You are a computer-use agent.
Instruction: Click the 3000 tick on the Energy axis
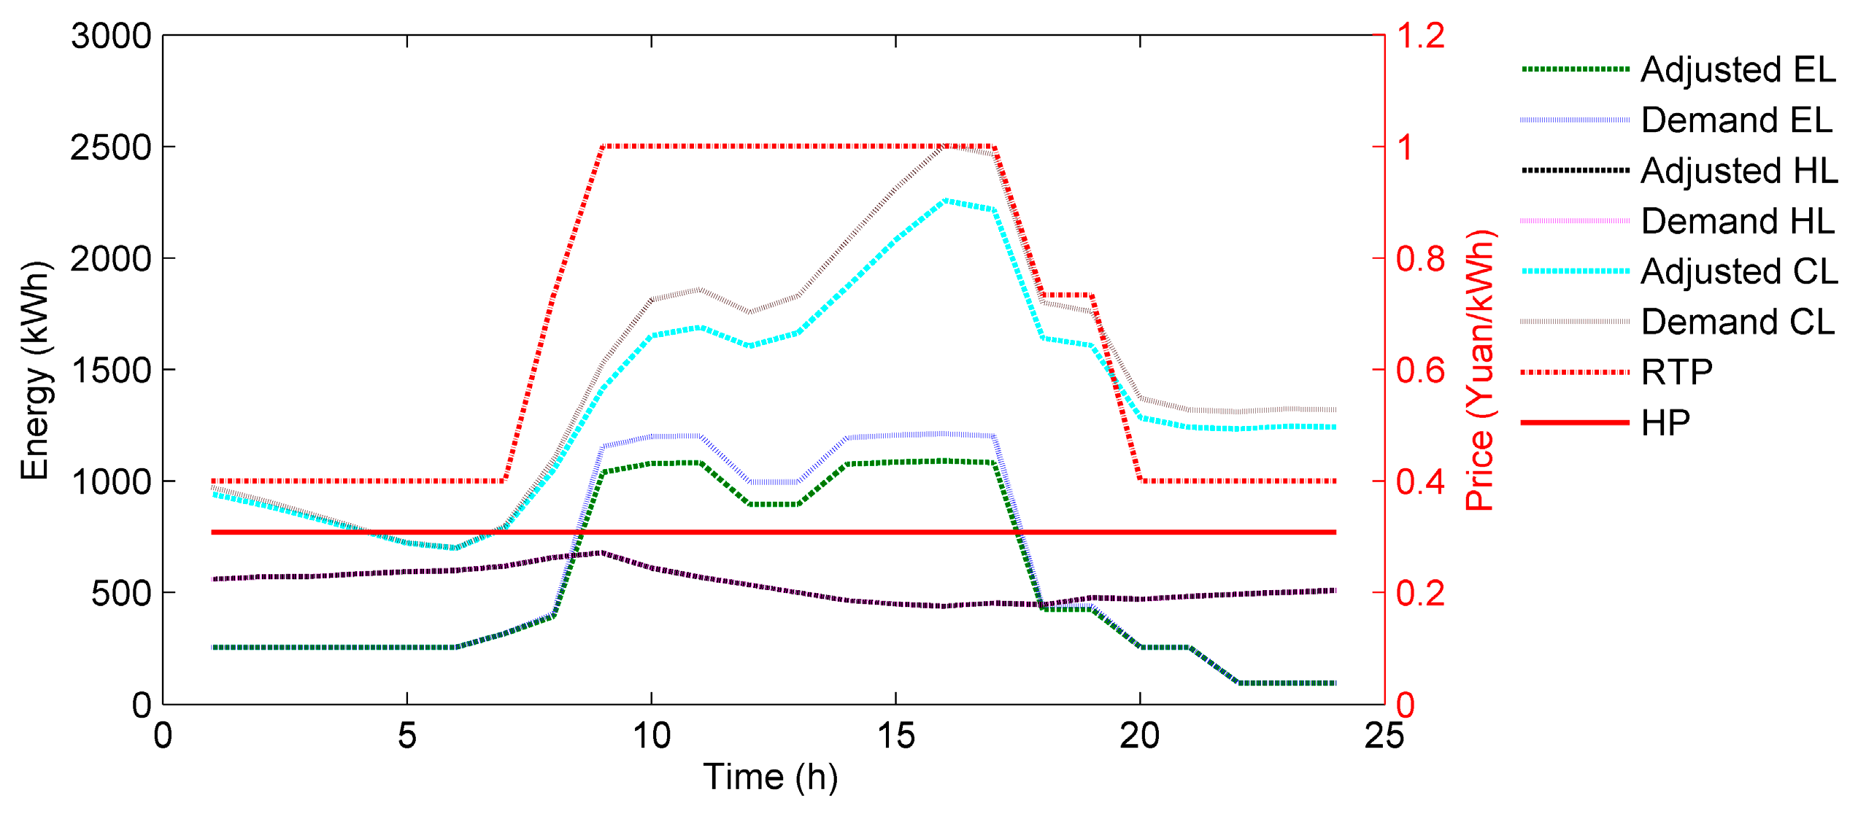coord(111,36)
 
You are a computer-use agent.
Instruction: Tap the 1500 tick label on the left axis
coord(111,371)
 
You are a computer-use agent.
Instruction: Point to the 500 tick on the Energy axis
coord(121,594)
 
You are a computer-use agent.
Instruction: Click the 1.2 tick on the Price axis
coord(1420,36)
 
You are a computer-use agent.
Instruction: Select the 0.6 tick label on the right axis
coord(1420,371)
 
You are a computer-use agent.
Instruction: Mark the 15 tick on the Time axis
coord(895,735)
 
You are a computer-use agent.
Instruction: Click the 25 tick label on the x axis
coord(1384,735)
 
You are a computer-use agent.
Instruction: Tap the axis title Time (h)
coord(770,777)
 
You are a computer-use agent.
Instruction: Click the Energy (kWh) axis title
coord(35,371)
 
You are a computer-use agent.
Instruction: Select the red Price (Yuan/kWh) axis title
coord(1480,371)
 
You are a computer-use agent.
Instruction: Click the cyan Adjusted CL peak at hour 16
coord(944,200)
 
